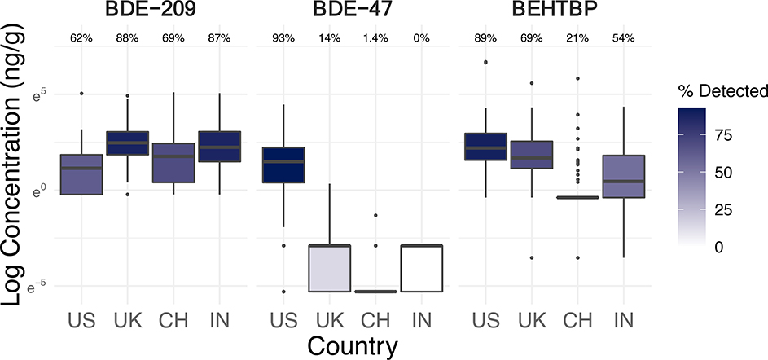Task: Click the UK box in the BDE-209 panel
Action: coord(126,143)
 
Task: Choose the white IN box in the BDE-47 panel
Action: coord(422,268)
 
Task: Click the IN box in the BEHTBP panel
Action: coord(622,176)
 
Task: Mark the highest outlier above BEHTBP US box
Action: coord(486,62)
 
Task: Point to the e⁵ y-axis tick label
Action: coord(42,94)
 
